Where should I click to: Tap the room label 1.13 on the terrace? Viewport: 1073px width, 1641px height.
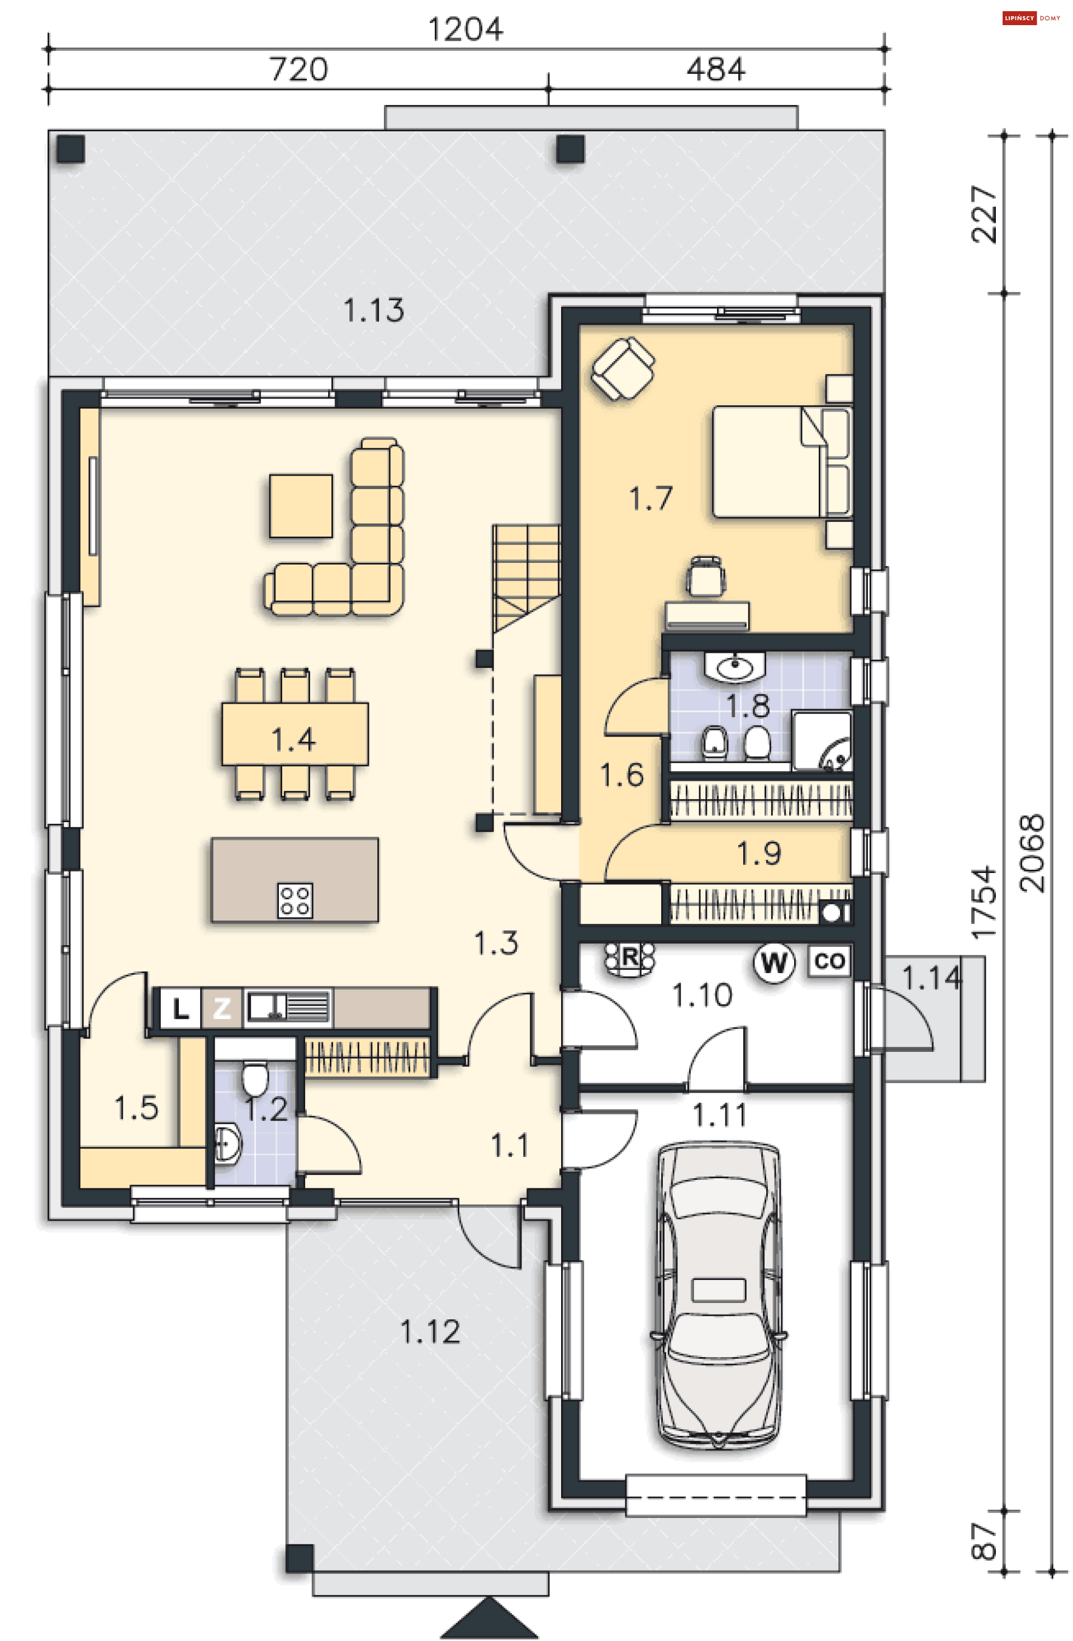click(373, 310)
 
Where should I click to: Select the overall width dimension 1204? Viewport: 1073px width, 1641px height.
click(466, 30)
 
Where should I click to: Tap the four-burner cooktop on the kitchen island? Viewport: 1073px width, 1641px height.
click(295, 901)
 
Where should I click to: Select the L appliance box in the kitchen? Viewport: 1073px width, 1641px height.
click(180, 1009)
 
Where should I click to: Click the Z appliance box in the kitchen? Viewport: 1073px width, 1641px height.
click(221, 1009)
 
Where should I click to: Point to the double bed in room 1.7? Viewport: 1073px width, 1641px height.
click(781, 461)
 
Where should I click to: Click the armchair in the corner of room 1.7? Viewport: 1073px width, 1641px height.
click(623, 368)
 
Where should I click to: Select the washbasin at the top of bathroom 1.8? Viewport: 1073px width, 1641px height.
click(734, 667)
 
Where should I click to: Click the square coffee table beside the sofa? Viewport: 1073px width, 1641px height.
click(301, 505)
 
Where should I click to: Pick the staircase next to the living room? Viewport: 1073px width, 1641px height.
click(526, 578)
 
